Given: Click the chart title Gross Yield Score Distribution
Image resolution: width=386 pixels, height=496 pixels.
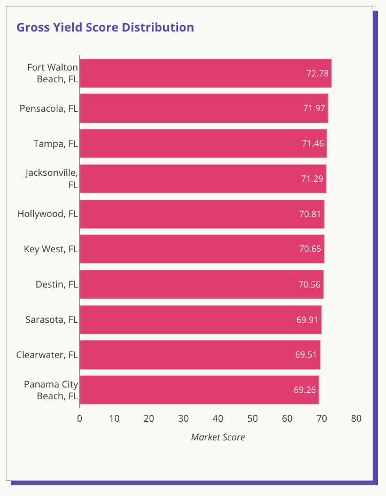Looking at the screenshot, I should click(x=105, y=27).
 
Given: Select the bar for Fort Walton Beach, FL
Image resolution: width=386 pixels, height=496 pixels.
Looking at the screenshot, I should click(x=205, y=73).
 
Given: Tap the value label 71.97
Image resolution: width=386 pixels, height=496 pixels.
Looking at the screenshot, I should click(x=314, y=108).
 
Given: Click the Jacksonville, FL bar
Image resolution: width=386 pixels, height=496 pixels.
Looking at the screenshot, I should click(x=203, y=179).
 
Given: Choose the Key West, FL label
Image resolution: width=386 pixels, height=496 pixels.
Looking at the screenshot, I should click(x=51, y=249).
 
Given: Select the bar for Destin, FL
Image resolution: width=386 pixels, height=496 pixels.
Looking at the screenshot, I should click(x=202, y=284).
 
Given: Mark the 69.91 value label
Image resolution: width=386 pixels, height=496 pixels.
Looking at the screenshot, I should click(x=308, y=320).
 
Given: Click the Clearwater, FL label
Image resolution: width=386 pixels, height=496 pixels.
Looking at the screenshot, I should click(x=47, y=355).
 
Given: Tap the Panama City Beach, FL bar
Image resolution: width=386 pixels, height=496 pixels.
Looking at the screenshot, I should click(x=199, y=390).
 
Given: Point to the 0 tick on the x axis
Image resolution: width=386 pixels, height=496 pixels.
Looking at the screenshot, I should click(x=80, y=418).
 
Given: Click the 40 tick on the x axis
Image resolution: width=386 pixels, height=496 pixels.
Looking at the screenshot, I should click(x=218, y=418).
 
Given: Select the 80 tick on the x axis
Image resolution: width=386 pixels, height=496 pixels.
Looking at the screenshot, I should click(x=356, y=418).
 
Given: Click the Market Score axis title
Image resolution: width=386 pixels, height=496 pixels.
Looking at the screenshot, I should click(x=218, y=437).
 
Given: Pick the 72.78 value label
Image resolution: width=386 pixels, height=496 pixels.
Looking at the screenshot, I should click(x=318, y=73).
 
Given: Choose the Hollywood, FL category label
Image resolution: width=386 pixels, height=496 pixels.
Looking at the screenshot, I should click(x=48, y=214).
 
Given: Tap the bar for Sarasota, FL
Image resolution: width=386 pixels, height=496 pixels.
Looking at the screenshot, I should click(x=200, y=320).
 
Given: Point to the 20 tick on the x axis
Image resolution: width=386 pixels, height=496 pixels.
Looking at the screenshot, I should click(x=149, y=418).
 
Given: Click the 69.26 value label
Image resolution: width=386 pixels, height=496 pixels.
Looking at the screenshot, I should click(x=305, y=390).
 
